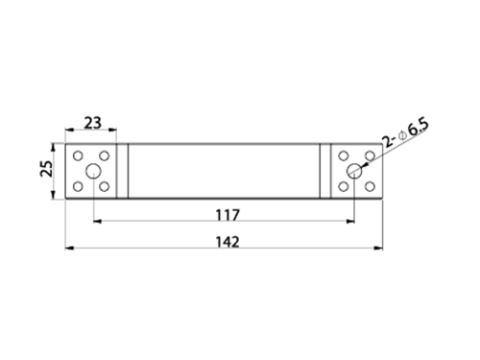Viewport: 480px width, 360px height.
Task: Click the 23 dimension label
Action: tap(93, 123)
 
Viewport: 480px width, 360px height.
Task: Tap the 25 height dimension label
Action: tap(47, 169)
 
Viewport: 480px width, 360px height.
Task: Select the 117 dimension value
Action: tap(228, 215)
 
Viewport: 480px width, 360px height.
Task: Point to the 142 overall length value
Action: tap(228, 242)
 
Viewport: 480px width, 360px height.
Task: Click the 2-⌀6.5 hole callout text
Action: tap(406, 132)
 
